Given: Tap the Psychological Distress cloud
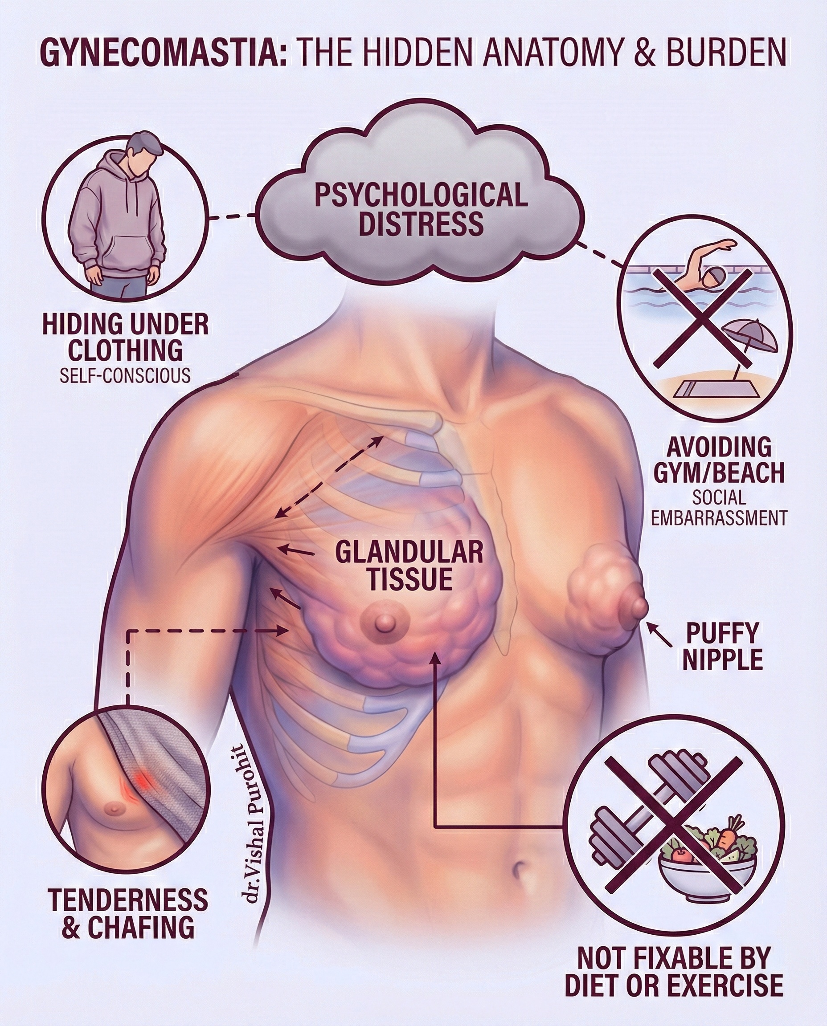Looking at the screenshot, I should click(421, 209).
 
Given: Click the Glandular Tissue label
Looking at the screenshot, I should click(409, 566).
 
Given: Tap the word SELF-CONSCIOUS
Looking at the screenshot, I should click(125, 376).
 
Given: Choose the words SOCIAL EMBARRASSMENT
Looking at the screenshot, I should click(719, 508).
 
